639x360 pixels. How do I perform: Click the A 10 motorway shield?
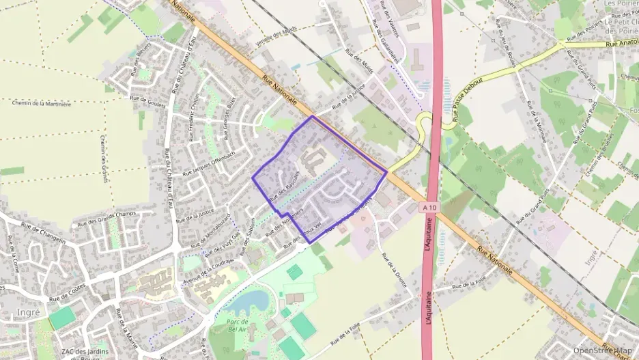tap(429, 206)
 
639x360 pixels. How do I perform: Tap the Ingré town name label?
tap(27, 312)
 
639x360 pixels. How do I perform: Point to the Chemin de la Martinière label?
tap(42, 104)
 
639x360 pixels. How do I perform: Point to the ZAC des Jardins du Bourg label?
tap(85, 352)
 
